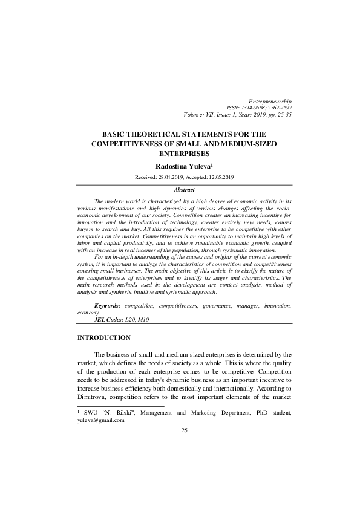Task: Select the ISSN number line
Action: pos(259,107)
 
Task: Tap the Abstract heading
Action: pos(184,190)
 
